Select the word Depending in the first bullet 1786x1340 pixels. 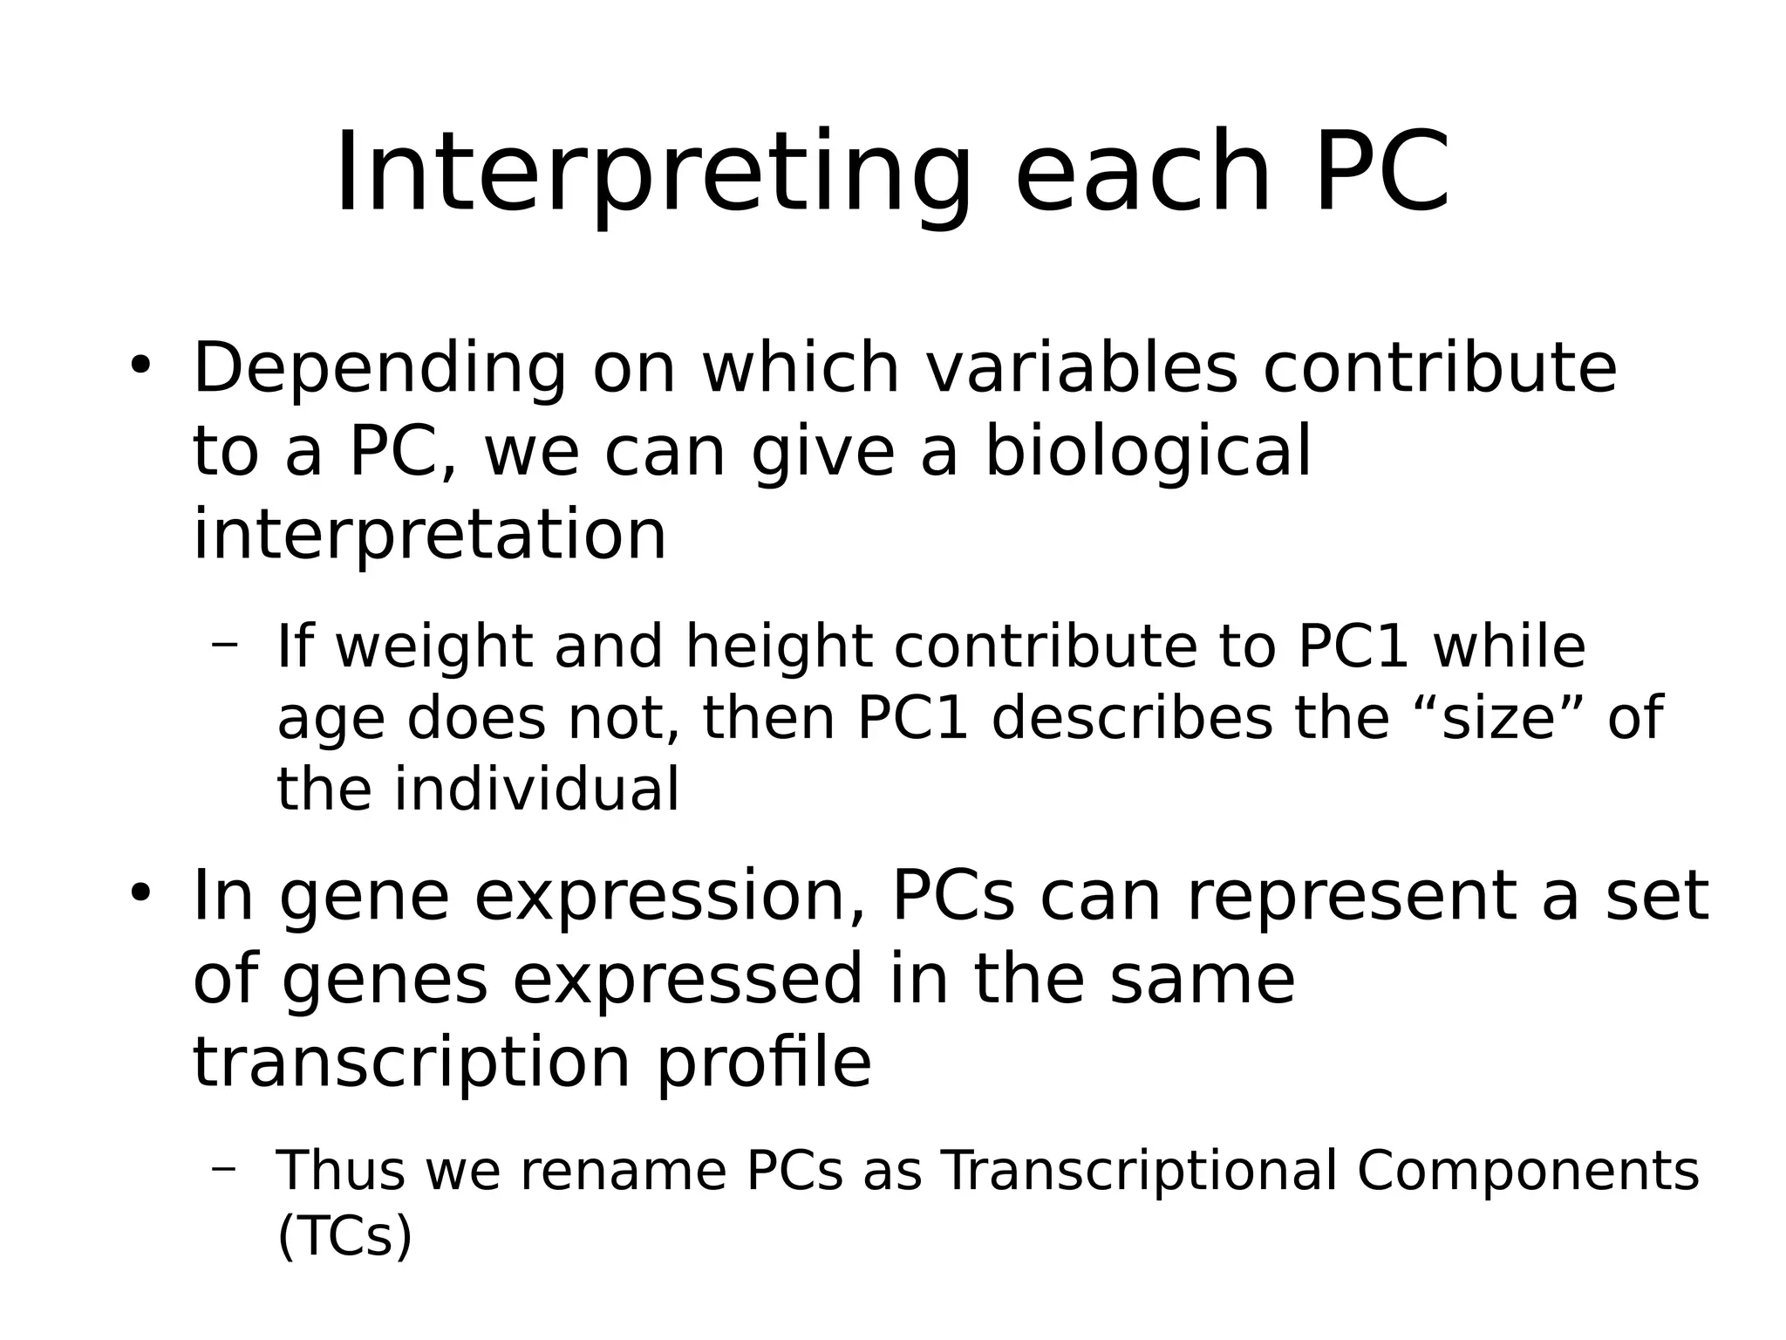tap(379, 370)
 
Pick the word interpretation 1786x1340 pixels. tap(429, 534)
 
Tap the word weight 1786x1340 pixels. tap(433, 647)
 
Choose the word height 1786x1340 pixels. tap(779, 647)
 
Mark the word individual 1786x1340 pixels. tap(536, 790)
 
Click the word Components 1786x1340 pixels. tap(1528, 1171)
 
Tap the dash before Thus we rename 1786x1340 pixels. tap(224, 1167)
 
